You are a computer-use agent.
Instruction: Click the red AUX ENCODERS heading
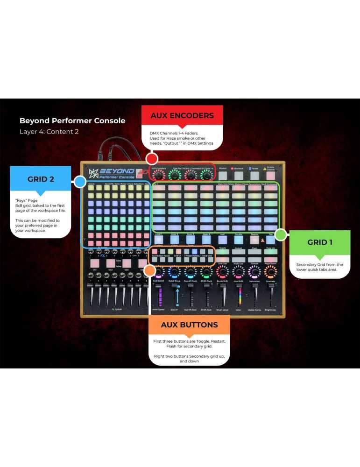coord(182,115)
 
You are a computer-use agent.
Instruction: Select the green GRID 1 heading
coord(320,242)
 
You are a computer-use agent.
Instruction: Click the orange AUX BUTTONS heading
coord(189,325)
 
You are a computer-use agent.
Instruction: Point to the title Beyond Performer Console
coord(72,120)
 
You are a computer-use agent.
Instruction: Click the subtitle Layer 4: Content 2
coord(49,132)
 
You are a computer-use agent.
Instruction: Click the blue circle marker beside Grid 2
coord(80,182)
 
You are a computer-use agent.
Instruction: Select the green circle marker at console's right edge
coord(281,234)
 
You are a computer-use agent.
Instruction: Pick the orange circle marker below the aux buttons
coord(150,270)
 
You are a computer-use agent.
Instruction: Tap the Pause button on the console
coord(254,175)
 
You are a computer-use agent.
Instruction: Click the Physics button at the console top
coord(223,175)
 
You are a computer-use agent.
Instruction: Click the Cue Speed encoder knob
coord(159,273)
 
